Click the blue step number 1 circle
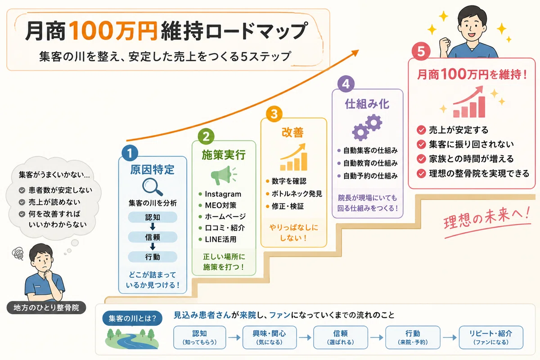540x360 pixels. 130,153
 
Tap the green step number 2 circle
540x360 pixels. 206,137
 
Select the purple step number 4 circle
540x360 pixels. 346,84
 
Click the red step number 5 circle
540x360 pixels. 421,51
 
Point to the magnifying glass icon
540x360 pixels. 153,187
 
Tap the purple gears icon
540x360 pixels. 367,127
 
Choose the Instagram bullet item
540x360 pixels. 220,194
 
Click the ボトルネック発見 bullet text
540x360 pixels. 297,193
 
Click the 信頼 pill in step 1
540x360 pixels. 153,237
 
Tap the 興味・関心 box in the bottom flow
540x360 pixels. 269,337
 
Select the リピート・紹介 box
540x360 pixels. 491,337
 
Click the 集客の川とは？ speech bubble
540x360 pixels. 132,318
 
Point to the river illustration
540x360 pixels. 132,339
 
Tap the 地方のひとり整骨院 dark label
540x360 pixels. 46,308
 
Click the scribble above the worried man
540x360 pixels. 18,253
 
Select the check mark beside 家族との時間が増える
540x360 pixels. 421,159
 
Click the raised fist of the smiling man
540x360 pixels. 445,44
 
